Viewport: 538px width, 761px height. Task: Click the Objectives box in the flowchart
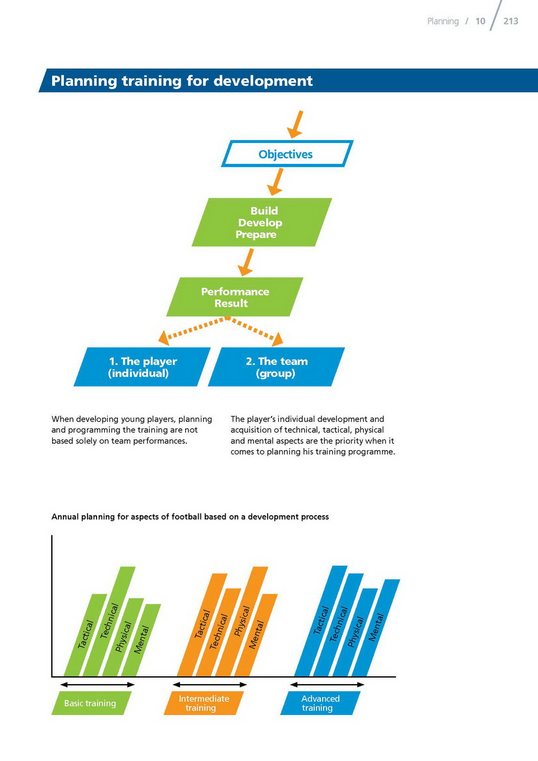pos(287,154)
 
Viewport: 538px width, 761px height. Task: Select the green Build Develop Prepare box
pos(262,222)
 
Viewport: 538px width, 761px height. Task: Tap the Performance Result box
pos(234,297)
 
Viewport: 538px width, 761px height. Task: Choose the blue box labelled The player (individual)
pos(142,367)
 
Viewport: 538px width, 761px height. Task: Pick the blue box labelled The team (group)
pos(277,367)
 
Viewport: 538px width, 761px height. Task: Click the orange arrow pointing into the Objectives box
pos(295,125)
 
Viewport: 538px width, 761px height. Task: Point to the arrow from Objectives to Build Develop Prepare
pos(275,182)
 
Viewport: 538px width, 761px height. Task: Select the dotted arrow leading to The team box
pos(255,331)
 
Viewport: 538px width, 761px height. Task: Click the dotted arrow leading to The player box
pos(192,331)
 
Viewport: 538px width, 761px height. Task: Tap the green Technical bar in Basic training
pos(109,621)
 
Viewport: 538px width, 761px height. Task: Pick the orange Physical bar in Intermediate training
pos(241,621)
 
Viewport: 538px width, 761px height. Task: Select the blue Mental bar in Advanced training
pos(376,628)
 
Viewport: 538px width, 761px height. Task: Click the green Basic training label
pos(91,703)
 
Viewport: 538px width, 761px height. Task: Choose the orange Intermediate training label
pos(204,703)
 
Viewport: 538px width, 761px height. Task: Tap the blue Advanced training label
pos(320,703)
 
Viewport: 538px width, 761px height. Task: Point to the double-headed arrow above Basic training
pos(98,685)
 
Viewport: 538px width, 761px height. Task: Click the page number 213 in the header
pos(511,21)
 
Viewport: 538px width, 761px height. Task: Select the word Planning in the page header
pos(443,21)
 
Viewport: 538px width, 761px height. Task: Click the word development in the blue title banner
pos(263,81)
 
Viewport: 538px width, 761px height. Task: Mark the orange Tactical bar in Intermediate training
pos(202,625)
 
